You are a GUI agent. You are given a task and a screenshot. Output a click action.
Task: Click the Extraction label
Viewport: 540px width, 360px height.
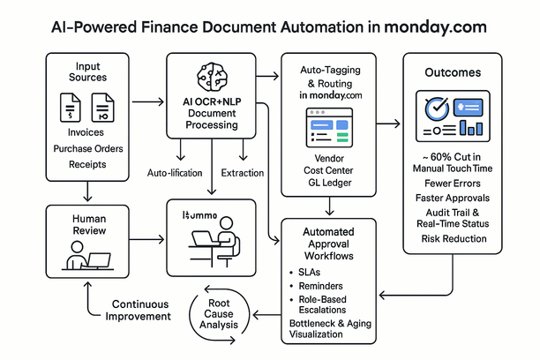point(244,172)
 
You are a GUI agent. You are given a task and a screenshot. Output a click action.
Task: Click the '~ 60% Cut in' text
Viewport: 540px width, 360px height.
point(451,156)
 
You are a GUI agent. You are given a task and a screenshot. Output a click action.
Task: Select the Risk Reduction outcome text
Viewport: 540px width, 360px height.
point(454,239)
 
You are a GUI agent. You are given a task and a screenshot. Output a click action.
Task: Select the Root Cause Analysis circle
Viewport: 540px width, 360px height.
point(218,313)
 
